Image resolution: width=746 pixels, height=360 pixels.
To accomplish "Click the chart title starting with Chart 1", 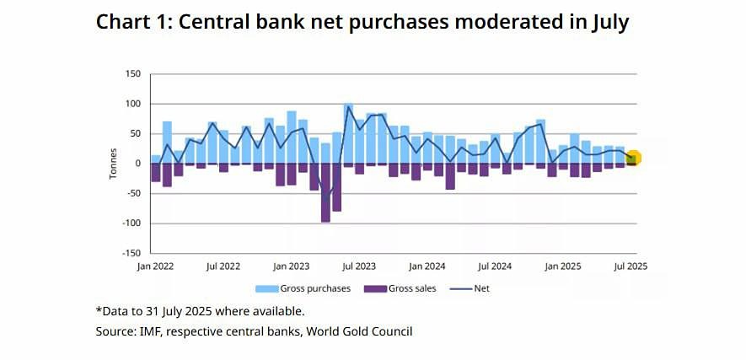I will (362, 22).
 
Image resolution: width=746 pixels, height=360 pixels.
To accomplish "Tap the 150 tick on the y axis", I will (133, 74).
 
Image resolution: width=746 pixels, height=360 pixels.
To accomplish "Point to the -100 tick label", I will (131, 223).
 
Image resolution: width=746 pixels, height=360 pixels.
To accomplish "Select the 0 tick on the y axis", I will (137, 164).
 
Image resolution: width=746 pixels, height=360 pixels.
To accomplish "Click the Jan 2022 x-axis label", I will (156, 266).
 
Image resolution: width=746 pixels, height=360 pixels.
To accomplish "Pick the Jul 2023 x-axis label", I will (359, 266).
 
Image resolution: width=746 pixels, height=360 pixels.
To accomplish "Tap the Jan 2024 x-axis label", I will (427, 266).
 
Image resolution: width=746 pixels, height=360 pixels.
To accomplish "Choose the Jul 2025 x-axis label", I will (631, 266).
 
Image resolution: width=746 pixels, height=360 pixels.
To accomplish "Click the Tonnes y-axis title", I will (112, 164).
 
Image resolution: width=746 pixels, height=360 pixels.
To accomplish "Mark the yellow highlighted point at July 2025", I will (633, 158).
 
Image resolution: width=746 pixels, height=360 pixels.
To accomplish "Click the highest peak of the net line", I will (348, 106).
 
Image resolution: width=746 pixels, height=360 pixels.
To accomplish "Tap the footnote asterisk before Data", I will (99, 309).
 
